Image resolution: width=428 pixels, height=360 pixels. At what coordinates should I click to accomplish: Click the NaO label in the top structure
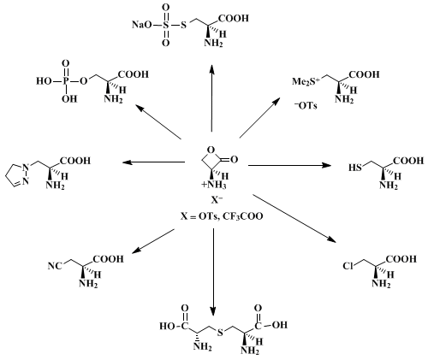click(142, 25)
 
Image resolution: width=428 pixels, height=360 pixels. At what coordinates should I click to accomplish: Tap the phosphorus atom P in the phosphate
click(66, 81)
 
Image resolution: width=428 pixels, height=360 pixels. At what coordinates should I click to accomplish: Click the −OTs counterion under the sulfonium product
click(306, 106)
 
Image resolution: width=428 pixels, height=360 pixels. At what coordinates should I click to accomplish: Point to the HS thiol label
click(355, 168)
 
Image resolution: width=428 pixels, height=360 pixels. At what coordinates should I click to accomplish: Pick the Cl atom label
click(348, 266)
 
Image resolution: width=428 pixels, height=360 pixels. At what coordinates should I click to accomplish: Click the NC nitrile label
click(55, 266)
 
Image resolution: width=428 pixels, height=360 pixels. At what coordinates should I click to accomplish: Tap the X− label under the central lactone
click(217, 200)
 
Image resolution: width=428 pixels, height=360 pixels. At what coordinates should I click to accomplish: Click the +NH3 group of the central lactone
click(214, 185)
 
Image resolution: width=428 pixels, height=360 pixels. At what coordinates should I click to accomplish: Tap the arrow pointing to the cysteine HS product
click(289, 165)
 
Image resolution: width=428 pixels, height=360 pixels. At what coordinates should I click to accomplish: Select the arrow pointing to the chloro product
click(294, 219)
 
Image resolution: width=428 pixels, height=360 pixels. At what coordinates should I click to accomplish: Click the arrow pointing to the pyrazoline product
click(154, 162)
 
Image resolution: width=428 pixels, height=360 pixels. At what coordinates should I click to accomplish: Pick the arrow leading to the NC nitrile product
click(152, 241)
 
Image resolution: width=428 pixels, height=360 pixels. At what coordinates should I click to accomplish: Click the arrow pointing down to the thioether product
click(213, 272)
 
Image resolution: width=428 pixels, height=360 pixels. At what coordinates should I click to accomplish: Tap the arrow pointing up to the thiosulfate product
click(211, 98)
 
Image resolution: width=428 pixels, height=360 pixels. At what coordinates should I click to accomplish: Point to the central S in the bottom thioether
click(220, 333)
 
